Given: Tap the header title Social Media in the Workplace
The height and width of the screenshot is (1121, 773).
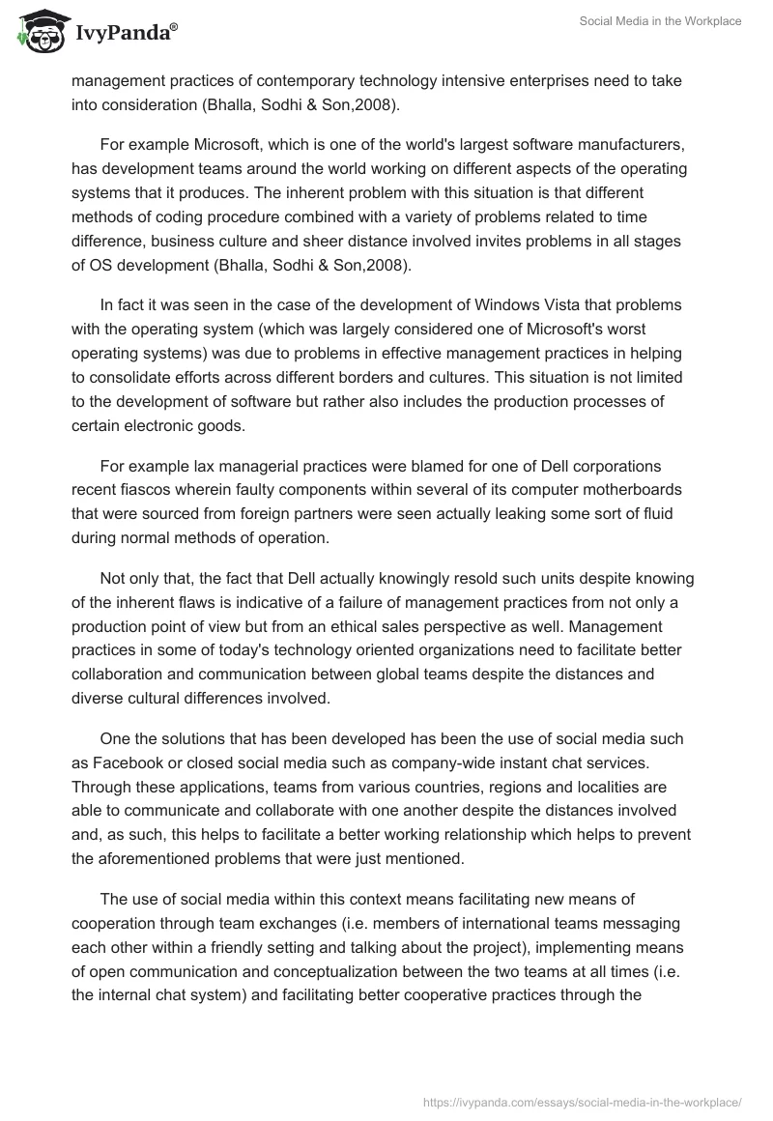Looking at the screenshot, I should click(660, 21).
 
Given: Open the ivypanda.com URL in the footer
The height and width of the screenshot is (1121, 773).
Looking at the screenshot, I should click(583, 1101).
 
